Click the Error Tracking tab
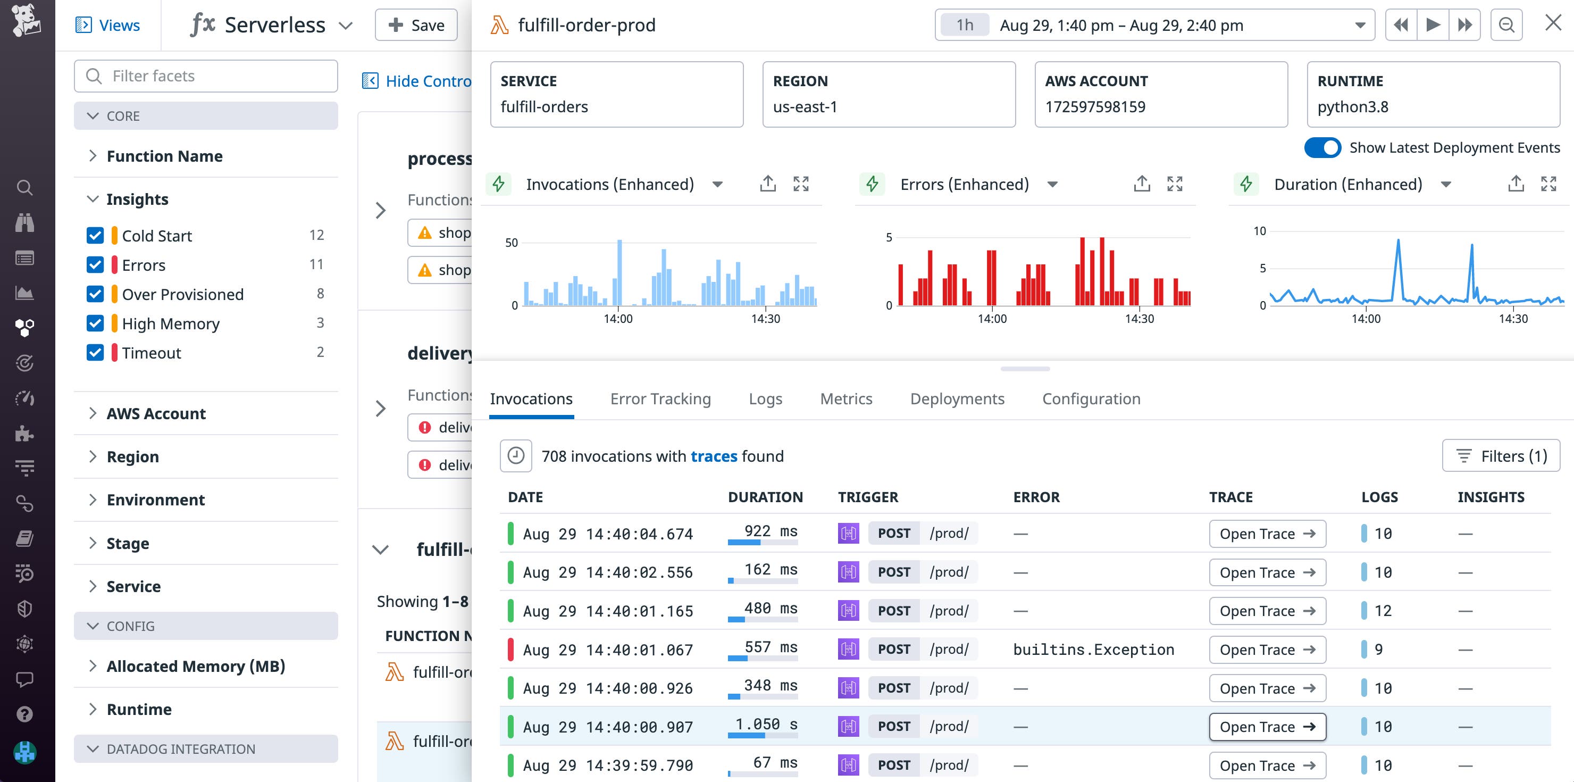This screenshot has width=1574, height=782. click(x=660, y=398)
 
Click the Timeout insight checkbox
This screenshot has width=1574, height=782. click(x=95, y=353)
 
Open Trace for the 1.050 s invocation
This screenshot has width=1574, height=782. click(x=1267, y=726)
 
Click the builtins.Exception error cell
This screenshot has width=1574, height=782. click(x=1093, y=650)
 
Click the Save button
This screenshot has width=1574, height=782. click(x=416, y=25)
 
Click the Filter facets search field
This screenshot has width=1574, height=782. click(x=206, y=76)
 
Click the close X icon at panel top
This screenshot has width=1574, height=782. click(x=1553, y=23)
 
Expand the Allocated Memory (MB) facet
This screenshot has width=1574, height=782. click(x=196, y=666)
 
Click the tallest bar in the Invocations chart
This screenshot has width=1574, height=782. click(x=619, y=272)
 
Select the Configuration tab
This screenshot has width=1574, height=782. click(x=1091, y=398)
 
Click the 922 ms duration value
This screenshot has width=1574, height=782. click(x=770, y=531)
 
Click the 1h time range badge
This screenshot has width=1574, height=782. click(x=964, y=25)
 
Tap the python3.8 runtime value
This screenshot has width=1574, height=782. click(x=1352, y=107)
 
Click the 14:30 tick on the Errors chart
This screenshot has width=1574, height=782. click(x=1139, y=319)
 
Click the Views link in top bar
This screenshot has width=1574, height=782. click(x=107, y=25)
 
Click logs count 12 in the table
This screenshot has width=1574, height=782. click(x=1382, y=611)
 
